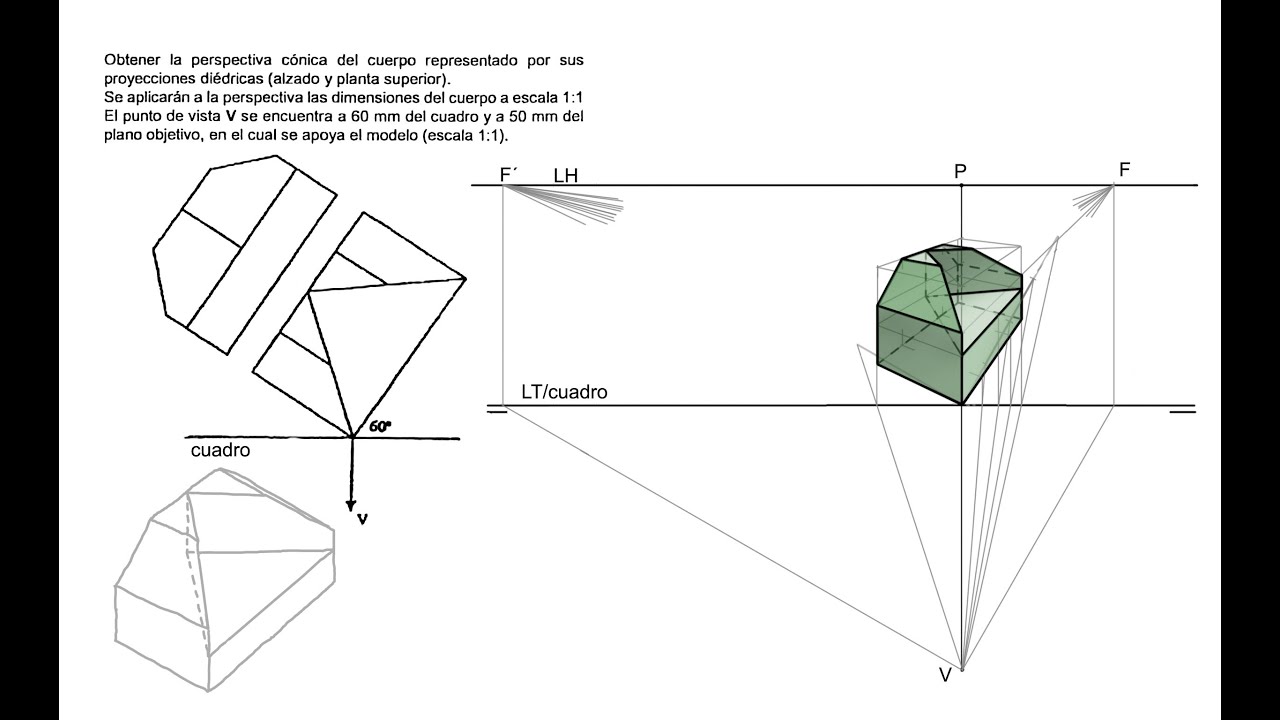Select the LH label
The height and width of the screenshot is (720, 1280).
pyautogui.click(x=566, y=176)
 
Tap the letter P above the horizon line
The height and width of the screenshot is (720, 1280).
pyautogui.click(x=960, y=172)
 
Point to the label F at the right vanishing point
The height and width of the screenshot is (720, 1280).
pyautogui.click(x=1124, y=169)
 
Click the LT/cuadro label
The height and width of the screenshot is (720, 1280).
pyautogui.click(x=564, y=392)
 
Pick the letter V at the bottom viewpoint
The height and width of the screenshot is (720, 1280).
pyautogui.click(x=945, y=675)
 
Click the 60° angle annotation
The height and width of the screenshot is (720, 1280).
pyautogui.click(x=380, y=426)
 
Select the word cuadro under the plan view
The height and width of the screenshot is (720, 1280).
pyautogui.click(x=220, y=451)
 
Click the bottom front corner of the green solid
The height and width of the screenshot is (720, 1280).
pyautogui.click(x=962, y=403)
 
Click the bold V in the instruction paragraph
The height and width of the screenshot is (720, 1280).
pyautogui.click(x=231, y=116)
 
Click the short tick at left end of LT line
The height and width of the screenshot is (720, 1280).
pyautogui.click(x=496, y=410)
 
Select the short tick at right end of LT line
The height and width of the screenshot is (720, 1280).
pyautogui.click(x=1182, y=410)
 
